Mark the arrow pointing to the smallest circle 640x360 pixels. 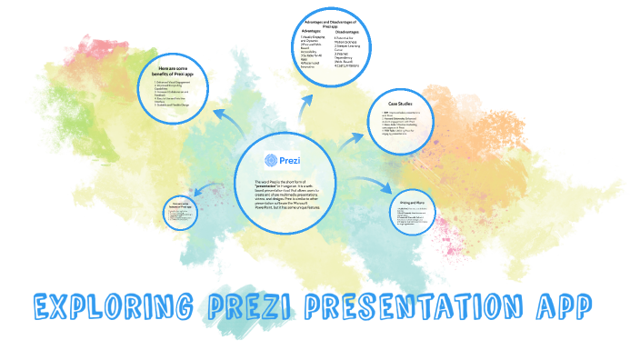[x=209, y=191]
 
